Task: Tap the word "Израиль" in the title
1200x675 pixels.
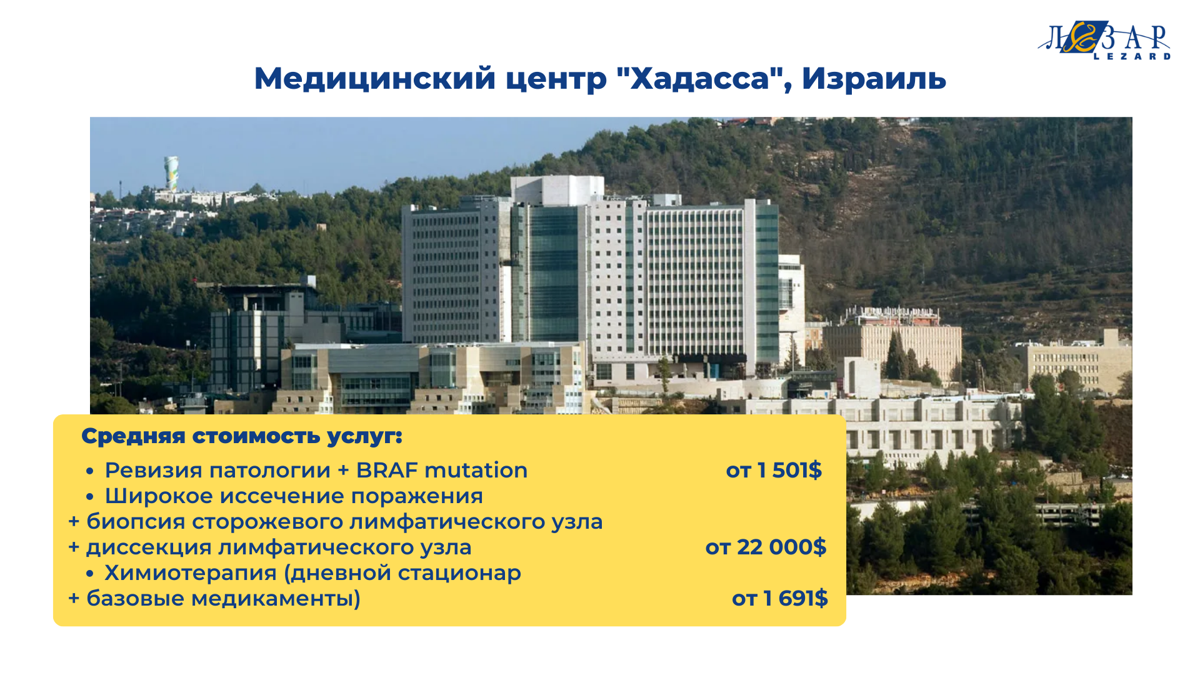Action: pos(874,78)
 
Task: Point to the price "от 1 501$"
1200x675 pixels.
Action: pos(774,470)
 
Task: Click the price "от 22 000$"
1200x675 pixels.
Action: pos(766,547)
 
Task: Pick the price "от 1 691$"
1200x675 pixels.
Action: pos(780,598)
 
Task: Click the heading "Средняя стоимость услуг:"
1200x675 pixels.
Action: pos(242,436)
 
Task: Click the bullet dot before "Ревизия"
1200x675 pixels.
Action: pos(90,471)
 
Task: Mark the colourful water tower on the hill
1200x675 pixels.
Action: pos(171,172)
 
